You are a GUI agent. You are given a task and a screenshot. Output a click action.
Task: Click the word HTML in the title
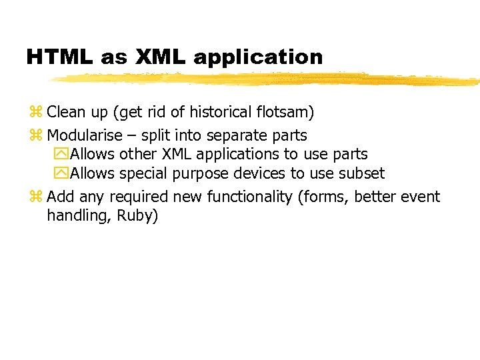tap(60, 57)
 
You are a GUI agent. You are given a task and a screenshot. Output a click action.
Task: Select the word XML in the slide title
tap(161, 57)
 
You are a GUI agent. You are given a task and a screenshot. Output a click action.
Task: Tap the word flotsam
tap(285, 111)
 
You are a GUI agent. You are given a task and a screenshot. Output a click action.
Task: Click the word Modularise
tap(85, 135)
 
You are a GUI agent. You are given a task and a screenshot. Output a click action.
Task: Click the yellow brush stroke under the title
tap(267, 79)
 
